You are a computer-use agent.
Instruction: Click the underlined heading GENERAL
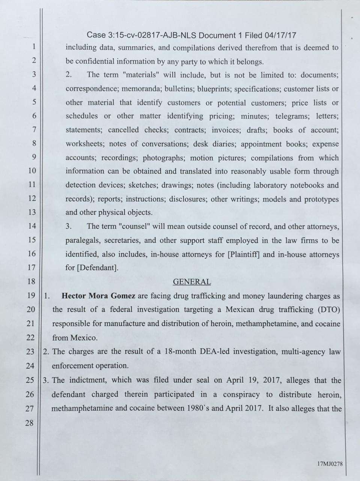191,282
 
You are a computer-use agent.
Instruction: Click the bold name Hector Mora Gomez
98,296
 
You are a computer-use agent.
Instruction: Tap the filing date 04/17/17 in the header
280,35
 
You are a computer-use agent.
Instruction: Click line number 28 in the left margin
30,423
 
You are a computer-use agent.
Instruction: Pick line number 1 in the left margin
33,47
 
